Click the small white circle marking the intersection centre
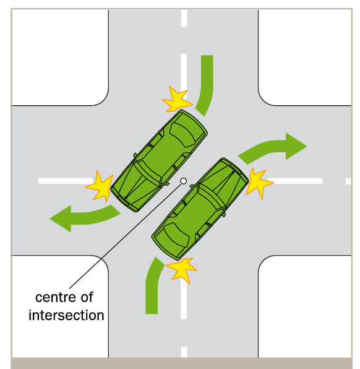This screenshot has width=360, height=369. click(183, 181)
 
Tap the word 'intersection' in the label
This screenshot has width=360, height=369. click(66, 315)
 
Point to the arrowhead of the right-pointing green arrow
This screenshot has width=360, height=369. click(296, 145)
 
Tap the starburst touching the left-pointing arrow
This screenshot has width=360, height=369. click(99, 186)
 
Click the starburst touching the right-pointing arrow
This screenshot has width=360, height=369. click(258, 181)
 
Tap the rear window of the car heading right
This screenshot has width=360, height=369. click(175, 233)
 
